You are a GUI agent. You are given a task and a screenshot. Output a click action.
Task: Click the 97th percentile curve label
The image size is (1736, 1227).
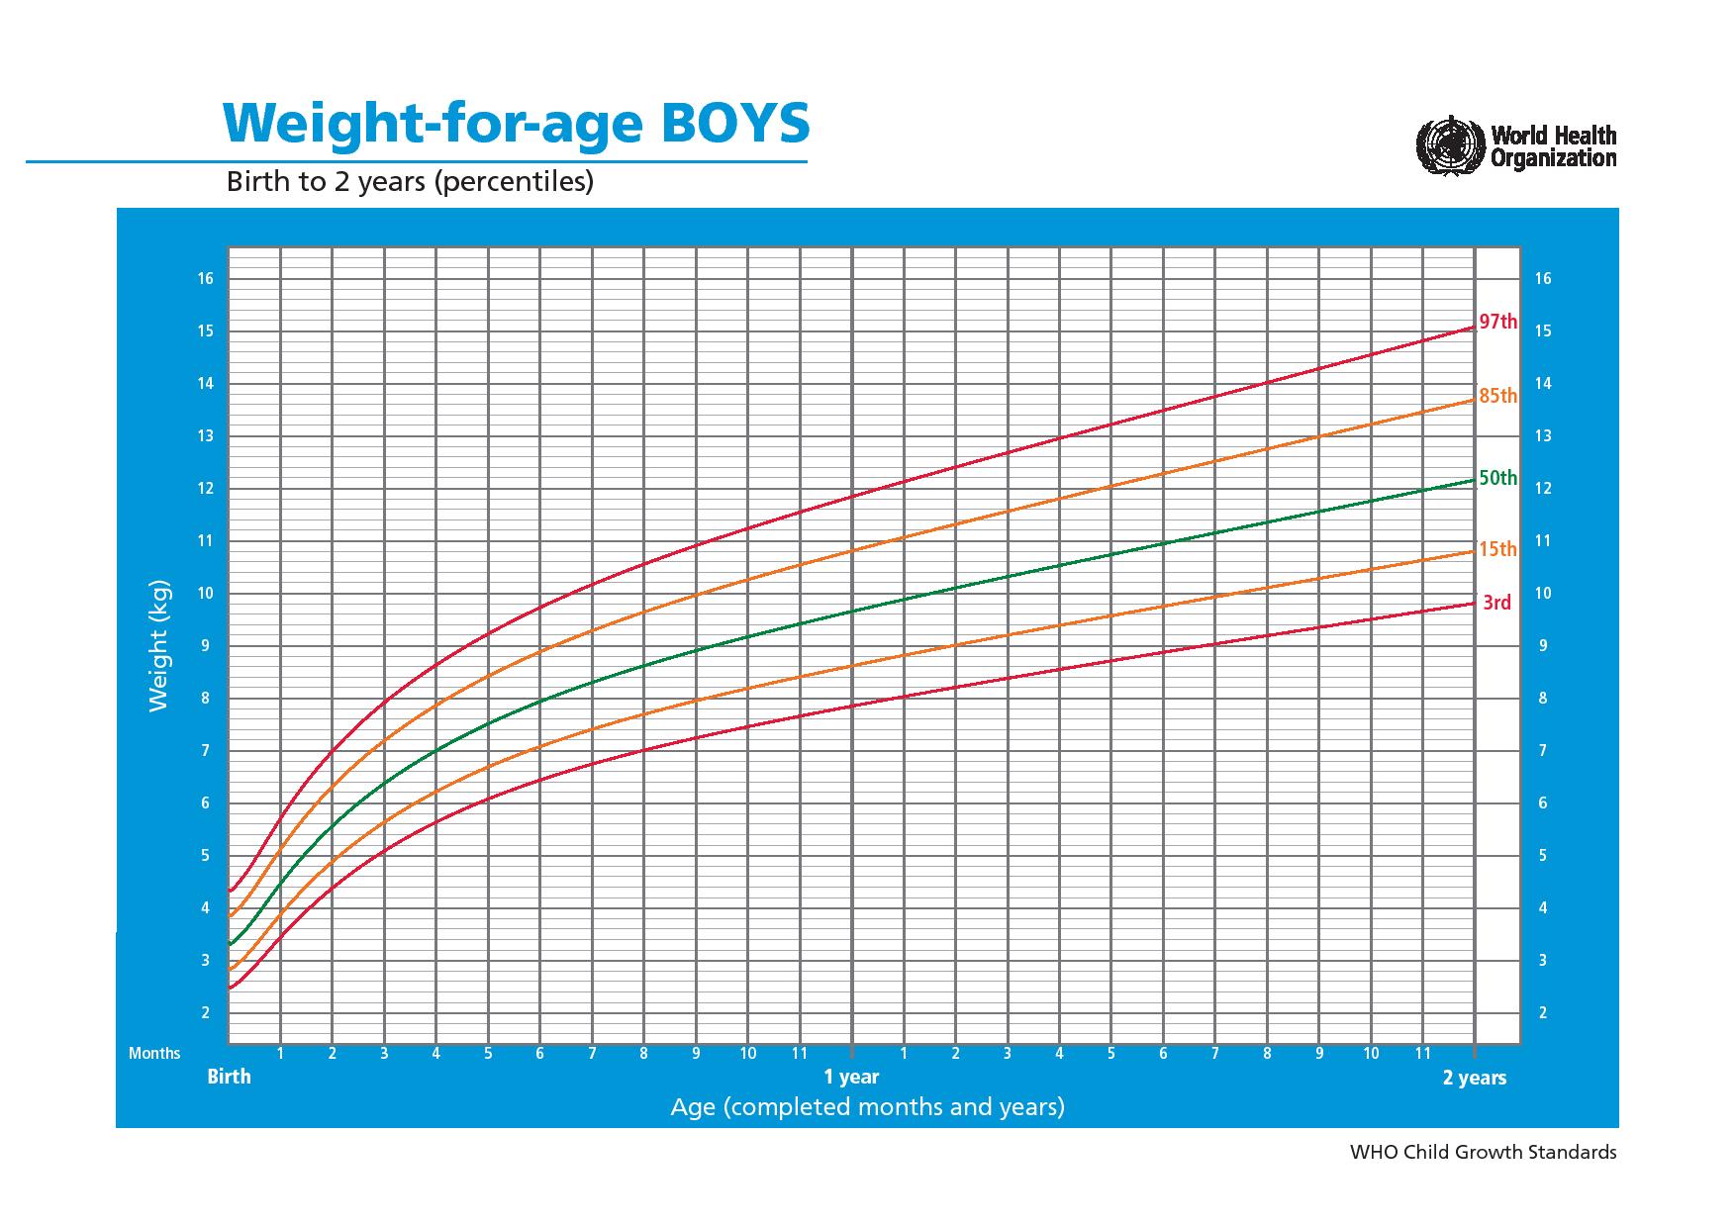1497,322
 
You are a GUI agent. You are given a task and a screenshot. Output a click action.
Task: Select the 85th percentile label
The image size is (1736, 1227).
1497,396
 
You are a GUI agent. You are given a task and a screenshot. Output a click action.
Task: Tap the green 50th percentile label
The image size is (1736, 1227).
1497,478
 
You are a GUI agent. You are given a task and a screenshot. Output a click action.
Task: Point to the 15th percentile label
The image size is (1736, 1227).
1497,549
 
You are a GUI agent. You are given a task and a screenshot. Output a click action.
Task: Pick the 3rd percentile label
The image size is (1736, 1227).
1496,603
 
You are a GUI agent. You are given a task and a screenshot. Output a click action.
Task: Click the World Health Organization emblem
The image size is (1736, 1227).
1451,146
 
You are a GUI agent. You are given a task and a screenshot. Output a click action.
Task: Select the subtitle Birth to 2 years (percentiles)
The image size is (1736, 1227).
410,182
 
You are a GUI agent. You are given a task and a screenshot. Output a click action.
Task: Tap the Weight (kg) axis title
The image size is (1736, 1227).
159,645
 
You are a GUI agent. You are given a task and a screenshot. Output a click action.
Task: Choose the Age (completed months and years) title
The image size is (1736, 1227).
867,1106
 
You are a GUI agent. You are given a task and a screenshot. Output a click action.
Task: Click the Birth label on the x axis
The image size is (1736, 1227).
229,1077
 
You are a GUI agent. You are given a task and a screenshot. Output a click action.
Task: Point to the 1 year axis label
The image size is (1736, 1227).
851,1077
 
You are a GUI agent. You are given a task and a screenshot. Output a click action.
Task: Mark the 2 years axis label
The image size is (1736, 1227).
1474,1078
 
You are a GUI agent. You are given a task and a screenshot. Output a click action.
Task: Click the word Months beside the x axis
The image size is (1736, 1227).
154,1054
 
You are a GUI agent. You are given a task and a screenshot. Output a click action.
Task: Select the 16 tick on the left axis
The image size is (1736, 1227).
205,279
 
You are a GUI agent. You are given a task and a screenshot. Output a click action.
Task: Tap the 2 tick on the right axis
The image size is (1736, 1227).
1542,1013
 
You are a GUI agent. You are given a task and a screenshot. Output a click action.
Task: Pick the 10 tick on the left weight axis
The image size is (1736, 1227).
205,594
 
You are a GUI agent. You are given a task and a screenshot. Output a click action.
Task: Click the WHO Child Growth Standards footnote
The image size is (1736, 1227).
1483,1152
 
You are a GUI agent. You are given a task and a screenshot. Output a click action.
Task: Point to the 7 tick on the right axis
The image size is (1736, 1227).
1542,751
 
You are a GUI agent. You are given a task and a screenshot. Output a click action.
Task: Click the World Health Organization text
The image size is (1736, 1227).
1553,146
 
